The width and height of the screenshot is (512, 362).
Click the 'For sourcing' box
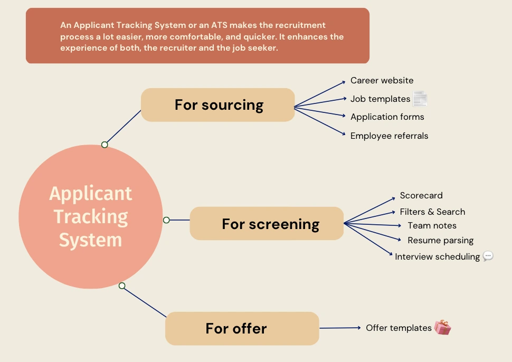(218, 105)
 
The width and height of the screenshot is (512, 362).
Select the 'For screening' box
(267, 224)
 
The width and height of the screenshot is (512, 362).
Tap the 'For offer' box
(242, 328)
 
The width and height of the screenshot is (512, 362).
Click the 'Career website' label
(382, 80)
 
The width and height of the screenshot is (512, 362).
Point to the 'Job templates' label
(380, 99)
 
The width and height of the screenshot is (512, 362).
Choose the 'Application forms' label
(387, 117)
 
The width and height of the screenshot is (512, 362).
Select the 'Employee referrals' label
(389, 136)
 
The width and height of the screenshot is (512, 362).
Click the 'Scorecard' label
(421, 196)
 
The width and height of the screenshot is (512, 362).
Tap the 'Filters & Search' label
(432, 212)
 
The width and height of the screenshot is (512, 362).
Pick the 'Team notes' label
(432, 225)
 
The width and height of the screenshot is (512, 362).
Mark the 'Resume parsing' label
(441, 241)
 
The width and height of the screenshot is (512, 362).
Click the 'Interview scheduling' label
(437, 257)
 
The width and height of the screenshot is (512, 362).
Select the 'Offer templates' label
(399, 328)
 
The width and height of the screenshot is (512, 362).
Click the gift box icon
(442, 327)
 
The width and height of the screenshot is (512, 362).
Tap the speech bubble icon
(488, 256)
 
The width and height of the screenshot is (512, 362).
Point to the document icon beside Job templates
(420, 99)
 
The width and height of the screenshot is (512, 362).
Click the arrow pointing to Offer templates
(340, 328)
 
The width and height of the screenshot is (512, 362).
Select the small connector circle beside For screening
(166, 220)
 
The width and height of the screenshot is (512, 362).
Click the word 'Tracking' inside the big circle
(91, 217)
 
